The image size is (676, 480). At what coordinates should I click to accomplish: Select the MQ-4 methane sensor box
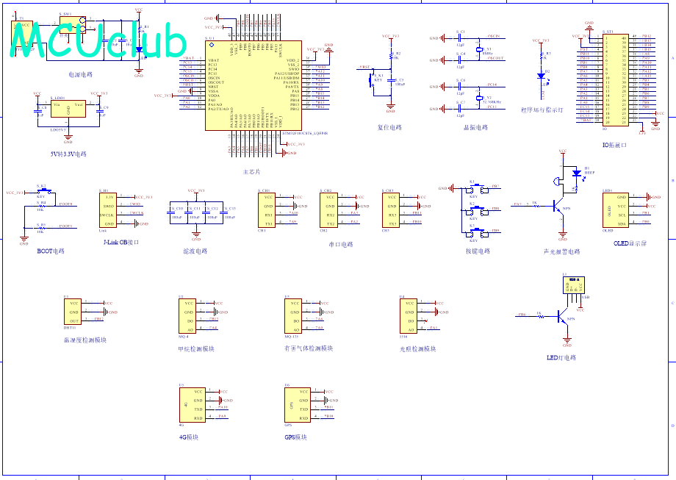(x=188, y=316)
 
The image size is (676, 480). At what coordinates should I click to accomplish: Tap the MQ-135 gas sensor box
(x=293, y=316)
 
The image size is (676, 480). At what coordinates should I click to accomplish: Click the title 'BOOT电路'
(x=51, y=251)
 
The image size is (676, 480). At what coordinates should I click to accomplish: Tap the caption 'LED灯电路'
(x=561, y=358)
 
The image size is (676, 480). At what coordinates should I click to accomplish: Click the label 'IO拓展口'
(x=614, y=145)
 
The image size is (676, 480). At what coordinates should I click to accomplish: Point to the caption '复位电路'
(x=389, y=127)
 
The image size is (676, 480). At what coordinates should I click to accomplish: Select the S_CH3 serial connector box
(x=392, y=210)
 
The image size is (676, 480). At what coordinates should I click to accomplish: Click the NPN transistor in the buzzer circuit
(x=561, y=208)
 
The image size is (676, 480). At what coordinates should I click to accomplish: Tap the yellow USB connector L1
(x=572, y=286)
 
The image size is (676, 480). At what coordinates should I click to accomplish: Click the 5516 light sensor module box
(x=408, y=316)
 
